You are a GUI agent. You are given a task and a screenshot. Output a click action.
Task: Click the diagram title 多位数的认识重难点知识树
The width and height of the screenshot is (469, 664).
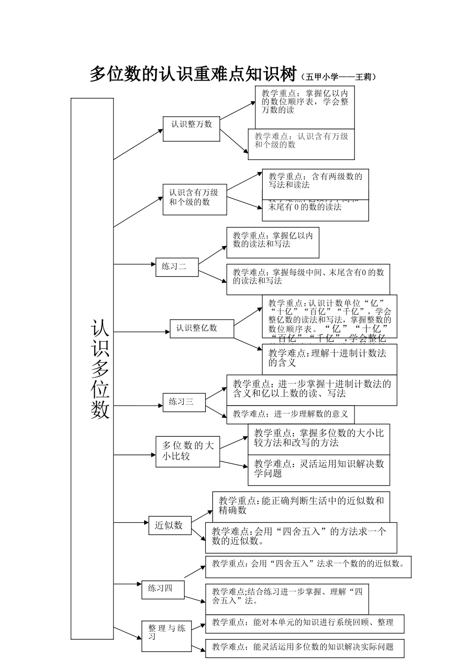[193, 74]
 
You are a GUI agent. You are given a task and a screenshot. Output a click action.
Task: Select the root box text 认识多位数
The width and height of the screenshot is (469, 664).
[100, 369]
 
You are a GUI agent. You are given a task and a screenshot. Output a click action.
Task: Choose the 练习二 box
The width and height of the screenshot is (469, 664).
[177, 267]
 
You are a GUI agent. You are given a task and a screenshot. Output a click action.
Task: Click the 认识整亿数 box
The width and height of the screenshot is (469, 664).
[202, 328]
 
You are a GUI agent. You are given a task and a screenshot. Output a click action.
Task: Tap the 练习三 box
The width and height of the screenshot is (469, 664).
[184, 402]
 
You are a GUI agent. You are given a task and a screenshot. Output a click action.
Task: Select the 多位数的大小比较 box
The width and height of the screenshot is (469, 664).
[188, 451]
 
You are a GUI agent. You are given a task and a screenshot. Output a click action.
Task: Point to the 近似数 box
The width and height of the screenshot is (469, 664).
[169, 525]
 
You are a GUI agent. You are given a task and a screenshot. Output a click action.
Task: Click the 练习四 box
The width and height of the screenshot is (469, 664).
[163, 589]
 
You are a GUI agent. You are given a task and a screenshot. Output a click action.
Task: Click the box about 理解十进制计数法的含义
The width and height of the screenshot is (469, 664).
[329, 358]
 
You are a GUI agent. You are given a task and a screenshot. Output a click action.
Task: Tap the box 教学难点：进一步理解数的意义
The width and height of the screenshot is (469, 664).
[290, 414]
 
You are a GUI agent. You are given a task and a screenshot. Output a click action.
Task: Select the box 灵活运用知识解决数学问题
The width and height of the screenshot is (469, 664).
[318, 469]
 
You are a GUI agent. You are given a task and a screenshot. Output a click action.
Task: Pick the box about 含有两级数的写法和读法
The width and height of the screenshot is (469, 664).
[315, 181]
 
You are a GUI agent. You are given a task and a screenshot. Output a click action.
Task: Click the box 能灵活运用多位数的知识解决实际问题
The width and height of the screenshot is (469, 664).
[305, 647]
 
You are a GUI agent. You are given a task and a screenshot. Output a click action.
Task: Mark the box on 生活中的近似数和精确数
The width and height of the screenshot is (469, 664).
[301, 505]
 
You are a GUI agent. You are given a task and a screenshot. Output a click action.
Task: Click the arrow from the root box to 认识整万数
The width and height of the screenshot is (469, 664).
[138, 144]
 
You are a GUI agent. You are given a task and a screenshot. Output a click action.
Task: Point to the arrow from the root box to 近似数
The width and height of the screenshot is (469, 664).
[131, 522]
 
